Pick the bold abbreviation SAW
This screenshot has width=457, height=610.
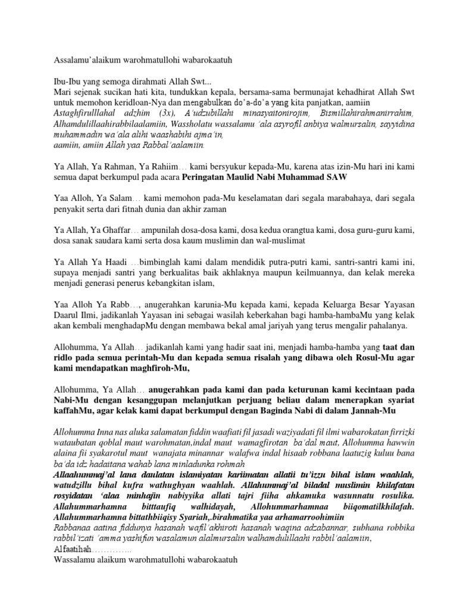338,178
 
